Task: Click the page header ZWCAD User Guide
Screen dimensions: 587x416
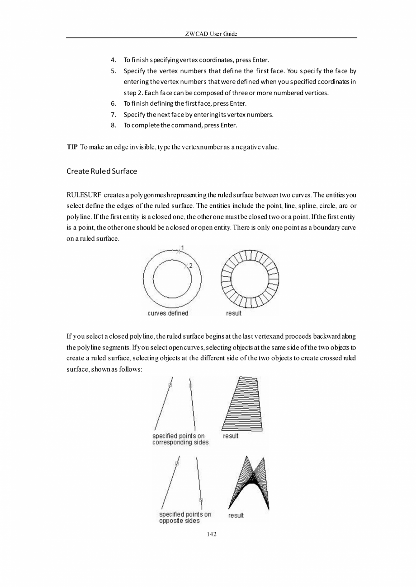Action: (x=211, y=34)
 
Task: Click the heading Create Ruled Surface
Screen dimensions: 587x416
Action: (x=101, y=172)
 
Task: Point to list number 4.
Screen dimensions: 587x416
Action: (x=113, y=60)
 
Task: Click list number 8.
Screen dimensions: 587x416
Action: (x=113, y=125)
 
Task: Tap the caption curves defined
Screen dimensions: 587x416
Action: (x=168, y=313)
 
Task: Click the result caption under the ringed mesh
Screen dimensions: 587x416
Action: (x=234, y=313)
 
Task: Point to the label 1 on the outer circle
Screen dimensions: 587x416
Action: (x=182, y=247)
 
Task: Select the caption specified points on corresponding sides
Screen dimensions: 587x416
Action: (x=180, y=439)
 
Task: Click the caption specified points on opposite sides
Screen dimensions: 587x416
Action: (x=185, y=517)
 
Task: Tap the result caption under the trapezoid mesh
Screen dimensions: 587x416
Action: (x=231, y=436)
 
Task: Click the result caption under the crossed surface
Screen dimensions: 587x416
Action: (x=236, y=515)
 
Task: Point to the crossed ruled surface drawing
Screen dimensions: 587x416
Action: (x=249, y=483)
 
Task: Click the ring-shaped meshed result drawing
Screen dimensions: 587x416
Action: (x=250, y=278)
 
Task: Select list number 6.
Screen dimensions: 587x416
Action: (x=113, y=103)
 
